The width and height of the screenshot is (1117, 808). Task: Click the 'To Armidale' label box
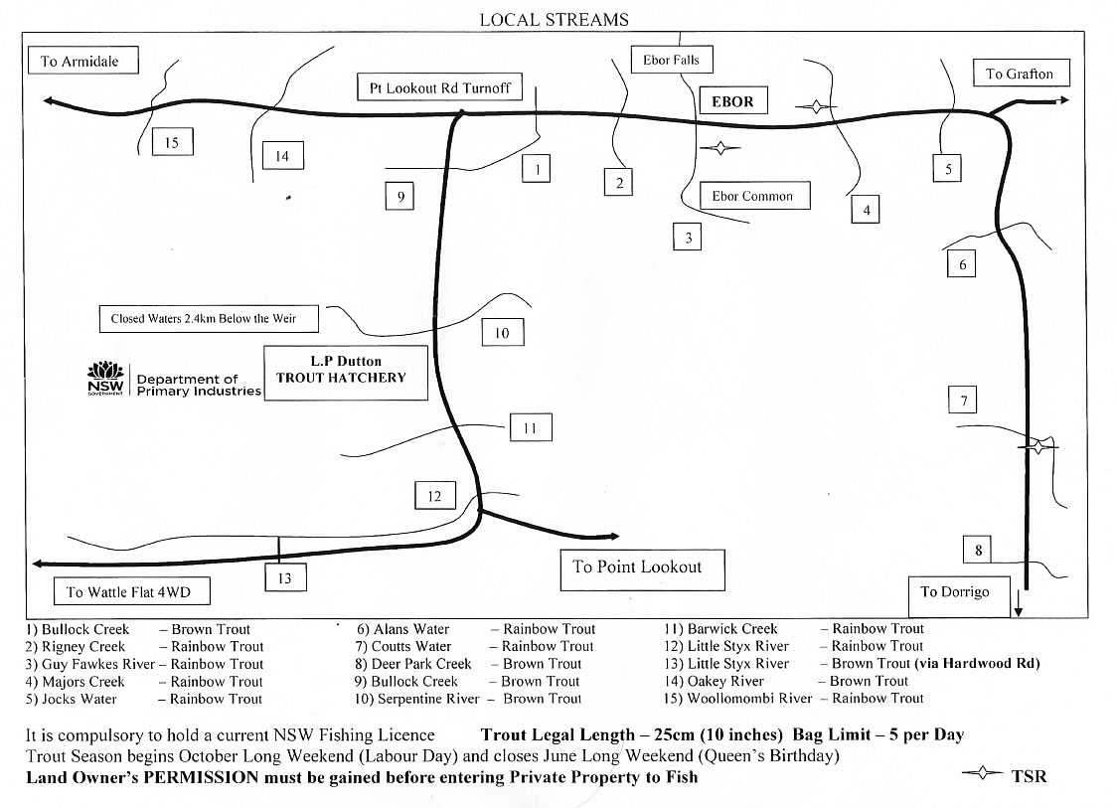click(80, 61)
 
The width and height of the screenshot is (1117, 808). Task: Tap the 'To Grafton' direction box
click(1019, 74)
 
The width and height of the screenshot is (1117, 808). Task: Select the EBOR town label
click(732, 101)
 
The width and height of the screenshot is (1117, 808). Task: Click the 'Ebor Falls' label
click(671, 60)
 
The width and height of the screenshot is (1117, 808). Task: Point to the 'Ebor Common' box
click(752, 196)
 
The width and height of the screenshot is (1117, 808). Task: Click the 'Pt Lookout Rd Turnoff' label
click(439, 87)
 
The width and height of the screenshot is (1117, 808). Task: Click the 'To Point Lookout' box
click(637, 567)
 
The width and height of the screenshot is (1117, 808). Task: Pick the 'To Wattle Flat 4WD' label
click(128, 592)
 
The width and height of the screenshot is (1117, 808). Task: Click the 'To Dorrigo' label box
click(954, 592)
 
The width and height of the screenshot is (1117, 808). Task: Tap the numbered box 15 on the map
click(172, 143)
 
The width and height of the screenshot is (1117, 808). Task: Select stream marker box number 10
click(502, 333)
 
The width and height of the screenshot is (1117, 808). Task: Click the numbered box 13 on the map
click(284, 577)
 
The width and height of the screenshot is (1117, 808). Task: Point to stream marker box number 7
click(962, 401)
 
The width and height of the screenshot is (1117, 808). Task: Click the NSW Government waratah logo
click(105, 377)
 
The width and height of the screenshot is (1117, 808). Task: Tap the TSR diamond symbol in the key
click(983, 774)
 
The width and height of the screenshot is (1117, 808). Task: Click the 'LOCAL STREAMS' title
click(554, 20)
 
